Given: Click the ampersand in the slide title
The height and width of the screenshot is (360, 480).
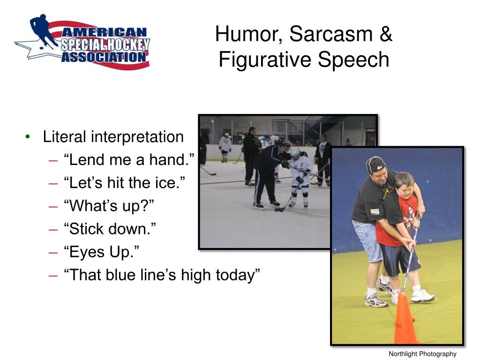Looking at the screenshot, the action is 386,34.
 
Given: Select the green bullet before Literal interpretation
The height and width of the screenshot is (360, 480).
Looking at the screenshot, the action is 28,136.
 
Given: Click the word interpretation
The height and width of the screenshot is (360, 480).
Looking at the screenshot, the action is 137,137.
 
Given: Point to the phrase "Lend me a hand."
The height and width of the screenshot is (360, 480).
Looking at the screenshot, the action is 129,159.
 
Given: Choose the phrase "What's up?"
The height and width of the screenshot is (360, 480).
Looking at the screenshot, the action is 109,206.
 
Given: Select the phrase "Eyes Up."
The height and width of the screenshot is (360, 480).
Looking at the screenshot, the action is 101,252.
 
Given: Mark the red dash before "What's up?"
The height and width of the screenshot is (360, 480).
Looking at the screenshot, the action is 53,207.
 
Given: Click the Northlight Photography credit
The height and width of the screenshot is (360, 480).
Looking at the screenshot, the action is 422,354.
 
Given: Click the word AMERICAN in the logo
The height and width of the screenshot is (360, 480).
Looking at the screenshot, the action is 104,32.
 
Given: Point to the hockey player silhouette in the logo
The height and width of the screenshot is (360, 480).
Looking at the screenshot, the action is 43,30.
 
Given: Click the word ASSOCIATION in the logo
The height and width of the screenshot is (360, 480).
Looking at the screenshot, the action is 104,57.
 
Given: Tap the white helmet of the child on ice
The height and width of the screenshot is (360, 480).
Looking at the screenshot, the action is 295,151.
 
